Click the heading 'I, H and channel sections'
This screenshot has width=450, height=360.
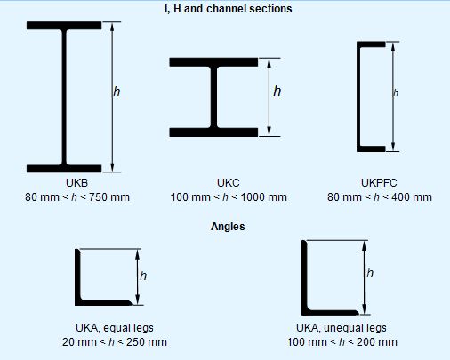(228, 9)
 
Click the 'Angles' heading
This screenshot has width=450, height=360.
(228, 227)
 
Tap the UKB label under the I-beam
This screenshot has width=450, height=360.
(76, 183)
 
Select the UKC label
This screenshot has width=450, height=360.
(229, 183)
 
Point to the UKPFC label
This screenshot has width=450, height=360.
(379, 183)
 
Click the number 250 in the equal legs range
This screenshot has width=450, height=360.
(135, 342)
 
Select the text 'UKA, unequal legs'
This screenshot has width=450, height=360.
(342, 328)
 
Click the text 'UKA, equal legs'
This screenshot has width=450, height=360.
(115, 328)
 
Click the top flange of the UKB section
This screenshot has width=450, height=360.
(64, 26)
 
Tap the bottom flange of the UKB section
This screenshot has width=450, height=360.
(64, 168)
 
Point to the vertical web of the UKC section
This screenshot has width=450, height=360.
(213, 97)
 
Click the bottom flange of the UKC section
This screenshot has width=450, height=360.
(213, 132)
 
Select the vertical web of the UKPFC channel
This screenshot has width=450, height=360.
(358, 97)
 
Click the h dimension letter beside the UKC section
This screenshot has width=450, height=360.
(277, 91)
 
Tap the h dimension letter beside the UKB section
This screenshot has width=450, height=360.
(117, 92)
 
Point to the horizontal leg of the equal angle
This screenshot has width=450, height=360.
(103, 303)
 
